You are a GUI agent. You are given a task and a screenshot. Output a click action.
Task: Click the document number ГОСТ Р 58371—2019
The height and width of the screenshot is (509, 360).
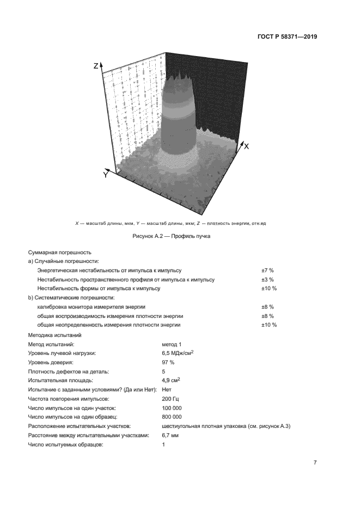click(288, 37)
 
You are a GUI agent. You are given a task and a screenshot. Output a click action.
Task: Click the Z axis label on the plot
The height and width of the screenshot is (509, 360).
click(96, 66)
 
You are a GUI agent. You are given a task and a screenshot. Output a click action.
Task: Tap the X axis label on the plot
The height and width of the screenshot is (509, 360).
click(246, 146)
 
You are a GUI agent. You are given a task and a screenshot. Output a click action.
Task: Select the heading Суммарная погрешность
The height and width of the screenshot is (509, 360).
click(59, 253)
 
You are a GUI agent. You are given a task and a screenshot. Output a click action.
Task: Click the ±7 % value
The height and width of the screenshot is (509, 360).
click(267, 270)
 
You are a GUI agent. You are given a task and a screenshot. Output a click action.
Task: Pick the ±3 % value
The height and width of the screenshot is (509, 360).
click(267, 279)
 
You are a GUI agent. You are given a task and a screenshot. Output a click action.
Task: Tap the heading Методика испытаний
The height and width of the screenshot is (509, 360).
click(54, 335)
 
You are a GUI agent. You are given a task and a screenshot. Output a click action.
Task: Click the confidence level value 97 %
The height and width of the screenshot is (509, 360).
click(168, 362)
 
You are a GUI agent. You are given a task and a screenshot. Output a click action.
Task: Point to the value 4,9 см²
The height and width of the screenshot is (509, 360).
click(172, 380)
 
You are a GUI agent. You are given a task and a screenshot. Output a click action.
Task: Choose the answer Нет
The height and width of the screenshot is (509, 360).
click(167, 389)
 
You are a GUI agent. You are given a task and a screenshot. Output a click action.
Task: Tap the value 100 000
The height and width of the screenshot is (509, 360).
click(172, 407)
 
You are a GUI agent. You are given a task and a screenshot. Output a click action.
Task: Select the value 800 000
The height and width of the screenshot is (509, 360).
click(172, 416)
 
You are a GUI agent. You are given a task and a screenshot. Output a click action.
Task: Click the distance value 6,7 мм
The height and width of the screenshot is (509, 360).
click(170, 435)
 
